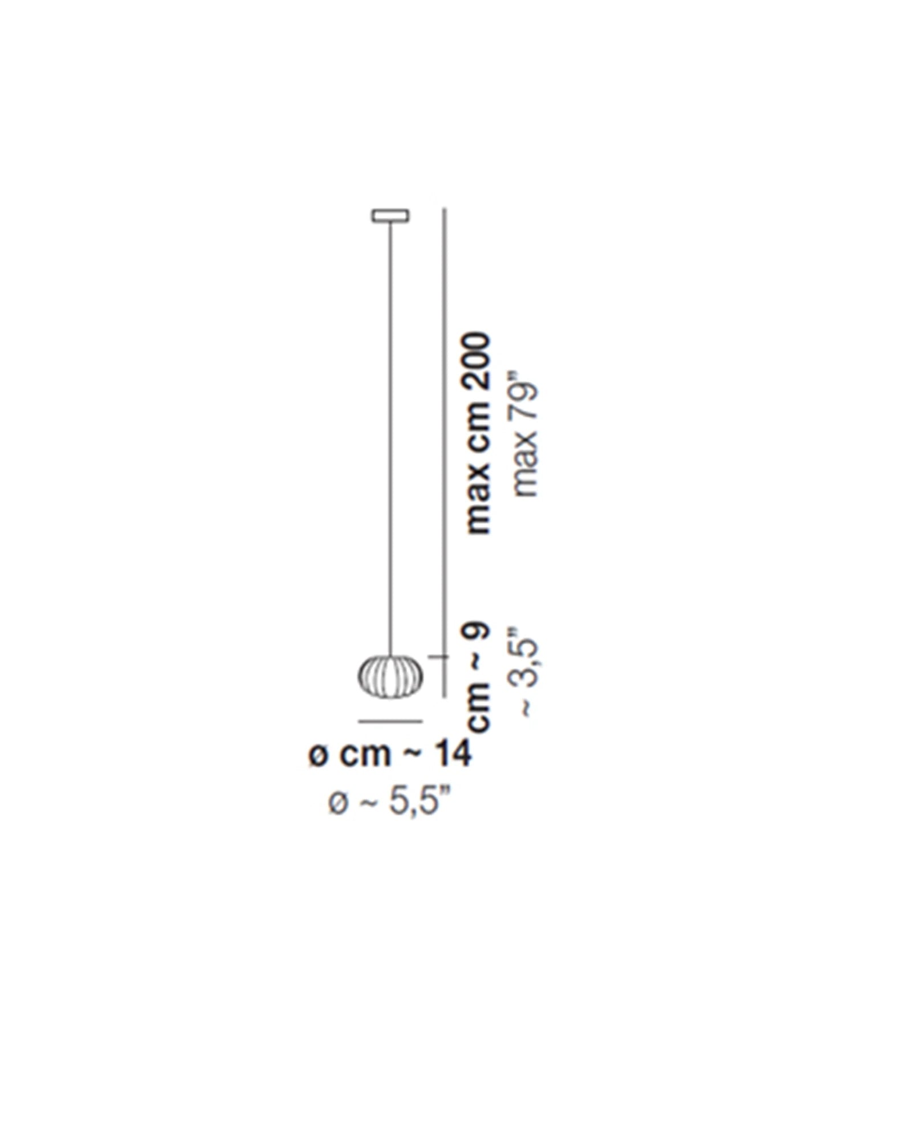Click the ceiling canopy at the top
click(390, 215)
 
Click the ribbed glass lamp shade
click(390, 676)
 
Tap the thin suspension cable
click(390, 438)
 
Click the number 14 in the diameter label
click(454, 755)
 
